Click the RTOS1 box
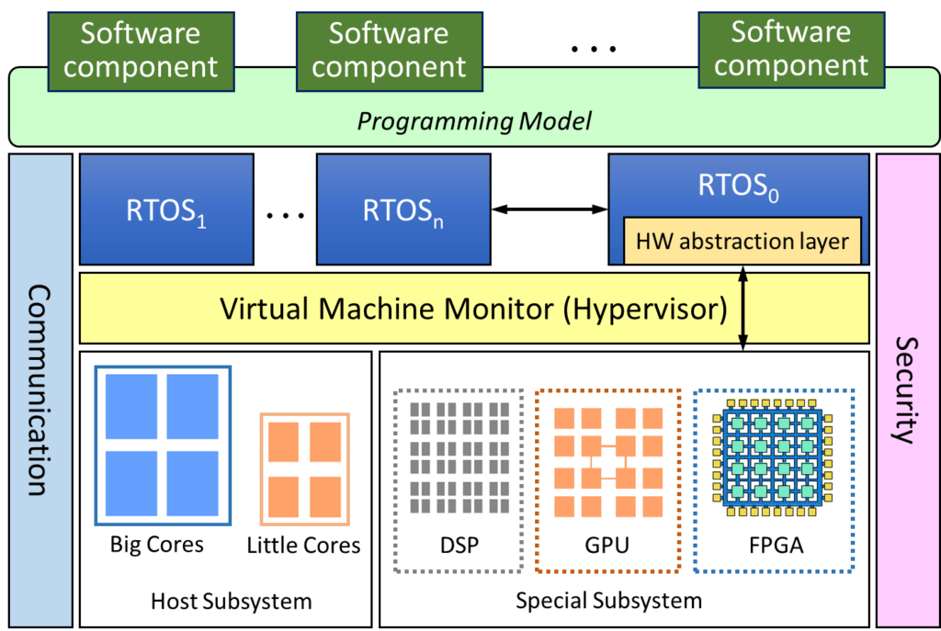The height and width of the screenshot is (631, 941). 166,209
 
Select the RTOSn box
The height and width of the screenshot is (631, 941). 403,209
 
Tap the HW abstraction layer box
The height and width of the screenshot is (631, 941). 743,242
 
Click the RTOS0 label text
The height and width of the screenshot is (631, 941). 739,186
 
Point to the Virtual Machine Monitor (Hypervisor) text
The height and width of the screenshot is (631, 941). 473,308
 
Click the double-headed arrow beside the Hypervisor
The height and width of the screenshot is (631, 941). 743,308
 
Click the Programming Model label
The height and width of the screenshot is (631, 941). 473,121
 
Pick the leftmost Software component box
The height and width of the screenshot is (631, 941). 141,51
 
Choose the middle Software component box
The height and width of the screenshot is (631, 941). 389,51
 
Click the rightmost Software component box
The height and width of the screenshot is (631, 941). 791,50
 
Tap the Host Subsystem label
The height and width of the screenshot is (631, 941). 232,602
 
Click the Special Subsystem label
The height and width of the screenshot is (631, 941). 608,601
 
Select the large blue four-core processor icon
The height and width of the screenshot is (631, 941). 162,445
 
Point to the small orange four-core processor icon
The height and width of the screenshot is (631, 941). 305,469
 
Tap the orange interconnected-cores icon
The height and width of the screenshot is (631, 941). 607,460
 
